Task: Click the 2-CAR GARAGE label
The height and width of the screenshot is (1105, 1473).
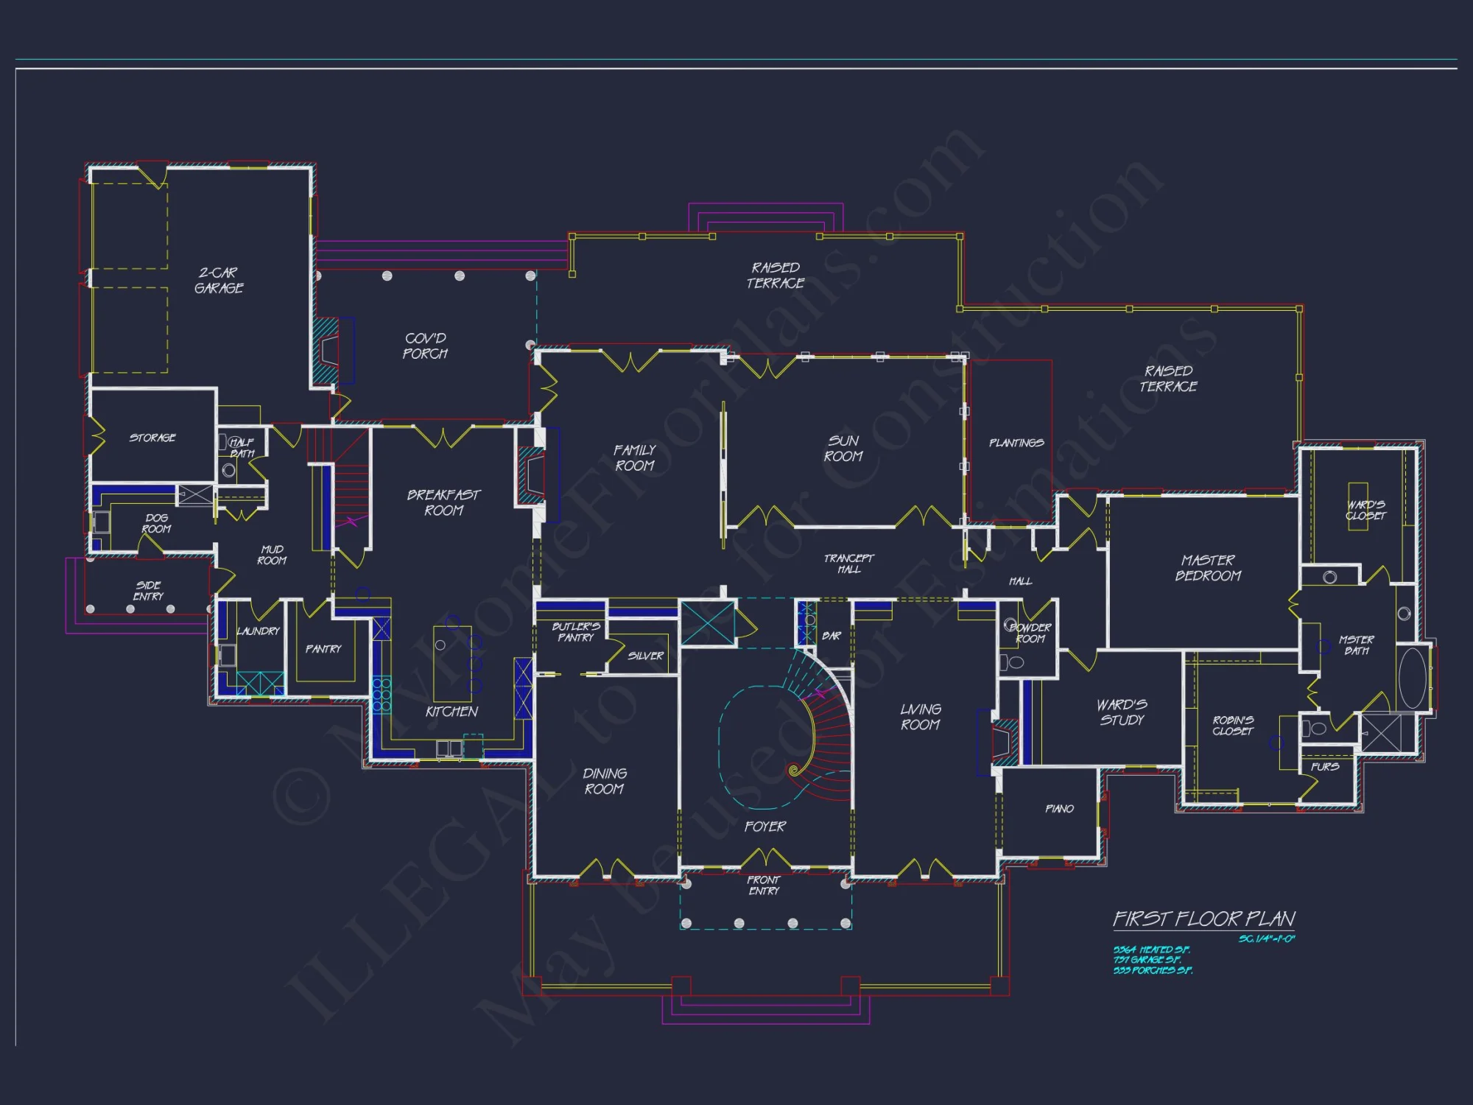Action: pos(219,281)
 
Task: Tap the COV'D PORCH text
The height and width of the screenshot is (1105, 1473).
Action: pos(425,346)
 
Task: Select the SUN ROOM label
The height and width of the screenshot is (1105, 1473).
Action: pos(843,449)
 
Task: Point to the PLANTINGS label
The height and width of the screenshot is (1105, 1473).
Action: pos(1016,443)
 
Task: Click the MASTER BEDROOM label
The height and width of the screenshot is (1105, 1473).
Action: pos(1208,568)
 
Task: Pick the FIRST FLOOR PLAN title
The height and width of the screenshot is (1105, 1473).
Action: pos(1203,919)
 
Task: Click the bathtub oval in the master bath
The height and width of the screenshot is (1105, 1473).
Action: pos(1411,678)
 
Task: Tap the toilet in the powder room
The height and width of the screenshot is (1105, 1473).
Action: pos(1013,662)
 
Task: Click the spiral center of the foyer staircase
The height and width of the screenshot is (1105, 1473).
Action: pos(794,771)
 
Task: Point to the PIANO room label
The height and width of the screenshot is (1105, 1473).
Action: pos(1059,809)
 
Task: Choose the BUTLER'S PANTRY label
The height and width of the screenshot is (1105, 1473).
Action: pos(576,632)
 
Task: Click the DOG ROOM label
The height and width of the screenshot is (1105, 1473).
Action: pos(156,524)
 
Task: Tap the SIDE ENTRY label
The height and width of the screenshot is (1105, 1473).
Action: pos(148,591)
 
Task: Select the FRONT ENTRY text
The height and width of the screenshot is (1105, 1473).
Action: pos(764,885)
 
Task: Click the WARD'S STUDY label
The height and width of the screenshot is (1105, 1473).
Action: pos(1122,712)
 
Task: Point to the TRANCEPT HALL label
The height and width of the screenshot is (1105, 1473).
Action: pos(848,564)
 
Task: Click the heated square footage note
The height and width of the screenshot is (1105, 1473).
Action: pos(1151,950)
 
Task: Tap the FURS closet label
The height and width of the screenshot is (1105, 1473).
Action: pos(1324,767)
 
